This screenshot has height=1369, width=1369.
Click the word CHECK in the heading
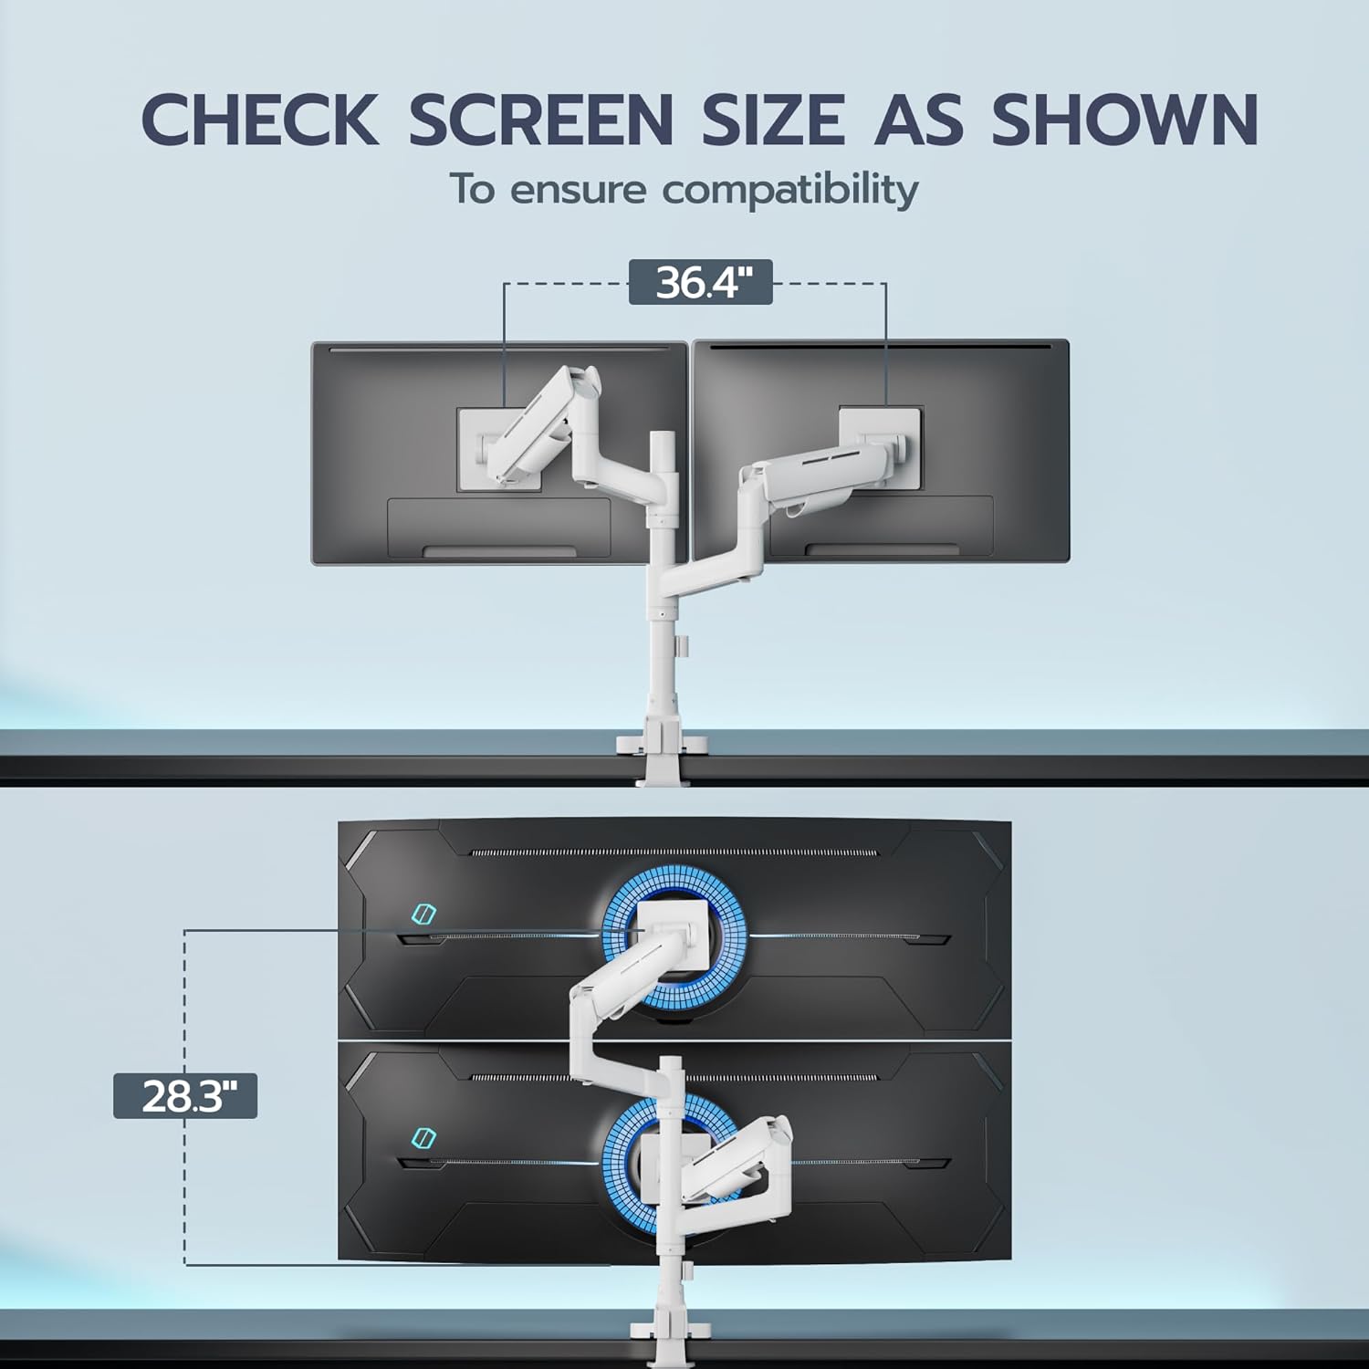(260, 119)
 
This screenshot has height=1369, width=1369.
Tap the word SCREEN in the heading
(540, 119)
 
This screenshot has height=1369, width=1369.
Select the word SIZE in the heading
(773, 119)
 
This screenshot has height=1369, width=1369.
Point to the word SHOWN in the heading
(1125, 119)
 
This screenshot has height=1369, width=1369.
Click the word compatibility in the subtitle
(790, 191)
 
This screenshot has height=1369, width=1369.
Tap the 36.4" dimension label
(701, 282)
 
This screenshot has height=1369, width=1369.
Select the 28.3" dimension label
(185, 1095)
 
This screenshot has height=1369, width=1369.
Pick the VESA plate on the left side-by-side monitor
(499, 450)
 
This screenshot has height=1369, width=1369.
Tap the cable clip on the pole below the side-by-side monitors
(681, 646)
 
